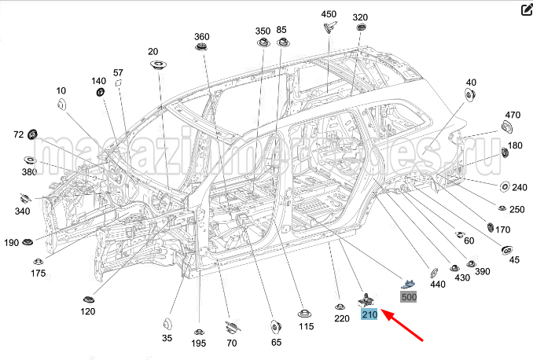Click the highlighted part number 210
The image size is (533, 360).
[x=369, y=314]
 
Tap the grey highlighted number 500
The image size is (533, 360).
[x=410, y=297]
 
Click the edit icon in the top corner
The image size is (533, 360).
[x=526, y=10]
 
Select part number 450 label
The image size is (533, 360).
[x=329, y=14]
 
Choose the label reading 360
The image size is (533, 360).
[x=202, y=37]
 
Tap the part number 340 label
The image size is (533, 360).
[x=23, y=211]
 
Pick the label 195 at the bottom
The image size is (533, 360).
[x=199, y=343]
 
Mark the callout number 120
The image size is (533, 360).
[x=87, y=311]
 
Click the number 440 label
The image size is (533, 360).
[x=438, y=284]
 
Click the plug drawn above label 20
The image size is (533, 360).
[x=156, y=64]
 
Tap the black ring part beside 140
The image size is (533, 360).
[x=101, y=94]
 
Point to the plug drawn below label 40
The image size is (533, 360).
[x=470, y=96]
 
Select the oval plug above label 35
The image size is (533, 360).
[x=167, y=325]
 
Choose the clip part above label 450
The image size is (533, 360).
[x=329, y=28]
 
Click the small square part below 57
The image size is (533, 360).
[x=119, y=82]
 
